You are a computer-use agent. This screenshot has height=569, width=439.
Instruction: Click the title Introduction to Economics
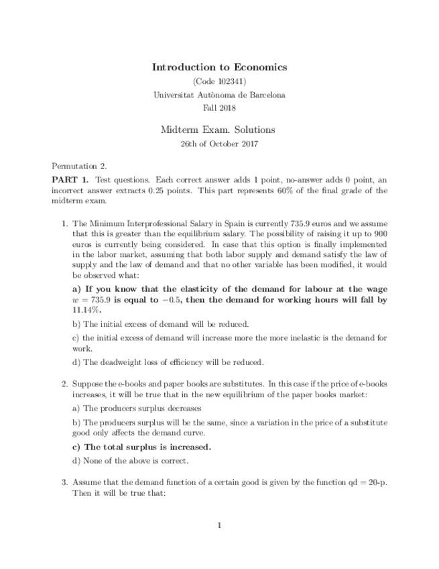tap(219, 67)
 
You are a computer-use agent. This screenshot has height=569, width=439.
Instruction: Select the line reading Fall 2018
tap(219, 107)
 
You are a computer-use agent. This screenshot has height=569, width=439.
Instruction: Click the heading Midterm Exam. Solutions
tap(219, 130)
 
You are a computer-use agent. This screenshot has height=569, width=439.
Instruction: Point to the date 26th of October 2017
tap(219, 144)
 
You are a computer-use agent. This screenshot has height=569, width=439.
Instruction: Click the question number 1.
tap(64, 223)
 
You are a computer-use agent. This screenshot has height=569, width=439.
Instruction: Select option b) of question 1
tap(160, 323)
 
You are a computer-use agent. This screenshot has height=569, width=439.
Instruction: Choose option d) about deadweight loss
tap(168, 362)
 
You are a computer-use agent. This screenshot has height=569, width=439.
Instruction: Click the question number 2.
tap(64, 384)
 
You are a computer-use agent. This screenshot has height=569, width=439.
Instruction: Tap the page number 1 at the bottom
tap(219, 525)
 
